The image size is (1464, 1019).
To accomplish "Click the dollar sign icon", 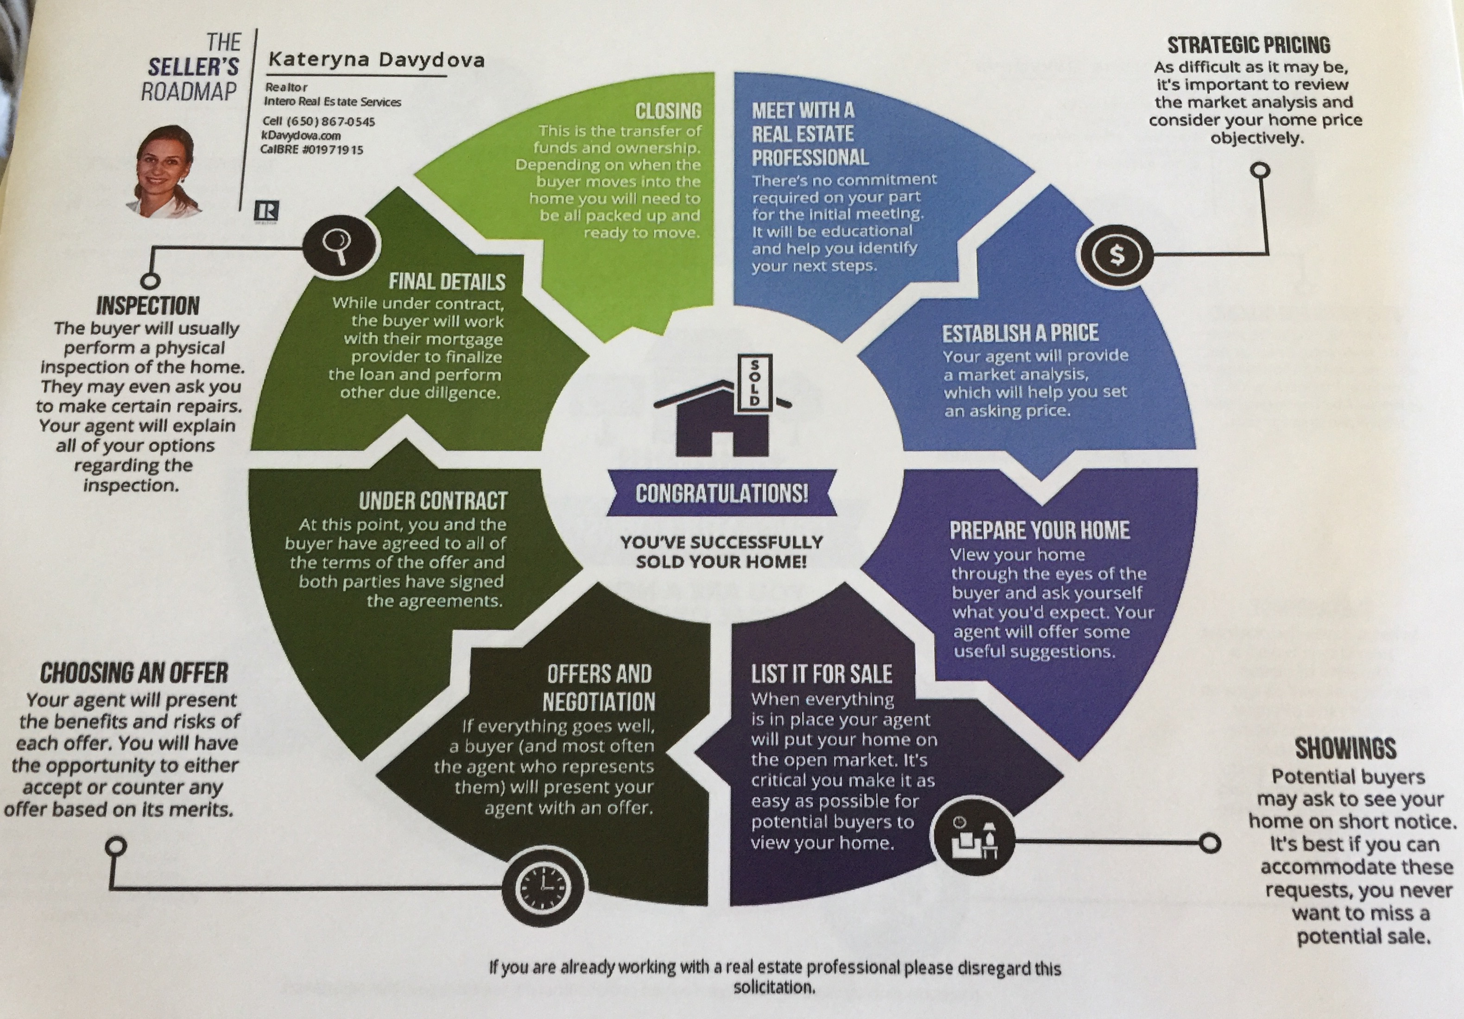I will (1117, 255).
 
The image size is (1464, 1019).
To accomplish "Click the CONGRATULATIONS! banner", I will (722, 493).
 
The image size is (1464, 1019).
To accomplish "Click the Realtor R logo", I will (266, 210).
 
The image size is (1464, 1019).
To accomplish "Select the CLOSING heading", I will (668, 112).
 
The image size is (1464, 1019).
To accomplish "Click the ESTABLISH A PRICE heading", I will (1020, 333).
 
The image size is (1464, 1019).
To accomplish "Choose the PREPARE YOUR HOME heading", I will (1039, 530).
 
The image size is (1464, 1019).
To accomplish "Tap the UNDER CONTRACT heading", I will (433, 501).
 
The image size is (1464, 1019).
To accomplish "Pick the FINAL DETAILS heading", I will (447, 281).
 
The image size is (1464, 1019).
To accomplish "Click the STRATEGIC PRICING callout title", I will (1249, 45).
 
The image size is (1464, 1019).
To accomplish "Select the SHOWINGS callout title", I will (1345, 748).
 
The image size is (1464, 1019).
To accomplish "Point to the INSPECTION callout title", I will (148, 306).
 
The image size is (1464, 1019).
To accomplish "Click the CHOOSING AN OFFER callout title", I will (134, 673).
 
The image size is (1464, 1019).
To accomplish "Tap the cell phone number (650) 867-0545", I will (331, 121).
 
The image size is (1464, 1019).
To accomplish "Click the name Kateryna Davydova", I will (376, 60).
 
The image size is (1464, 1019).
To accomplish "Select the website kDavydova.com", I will (301, 135).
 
